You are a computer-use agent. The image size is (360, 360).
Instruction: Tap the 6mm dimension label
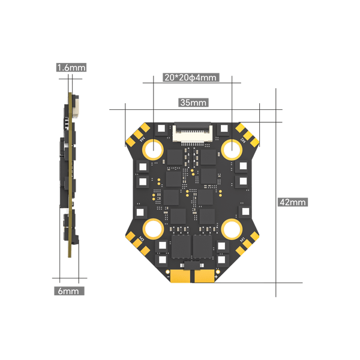coord(68,291)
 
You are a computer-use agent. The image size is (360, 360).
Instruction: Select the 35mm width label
coord(193,103)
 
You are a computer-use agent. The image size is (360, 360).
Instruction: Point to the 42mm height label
coord(292,202)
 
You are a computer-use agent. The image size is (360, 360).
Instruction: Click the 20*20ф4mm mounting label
coord(190,77)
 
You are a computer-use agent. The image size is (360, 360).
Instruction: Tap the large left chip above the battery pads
coord(181,247)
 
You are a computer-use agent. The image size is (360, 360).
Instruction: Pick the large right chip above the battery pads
coord(204,247)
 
